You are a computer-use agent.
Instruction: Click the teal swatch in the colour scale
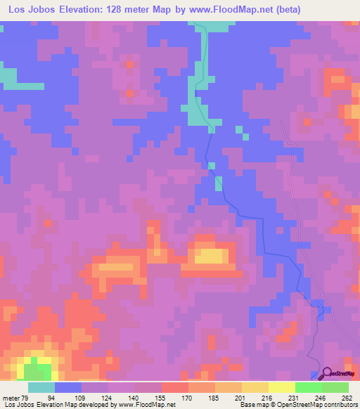tap(41, 387)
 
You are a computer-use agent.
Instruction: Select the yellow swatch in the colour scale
tap(281, 387)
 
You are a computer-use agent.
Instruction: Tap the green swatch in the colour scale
tap(308, 387)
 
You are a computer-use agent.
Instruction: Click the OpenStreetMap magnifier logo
tap(328, 375)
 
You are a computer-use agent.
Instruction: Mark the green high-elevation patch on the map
tap(37, 370)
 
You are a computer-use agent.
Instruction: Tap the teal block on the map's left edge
tap(7, 75)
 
